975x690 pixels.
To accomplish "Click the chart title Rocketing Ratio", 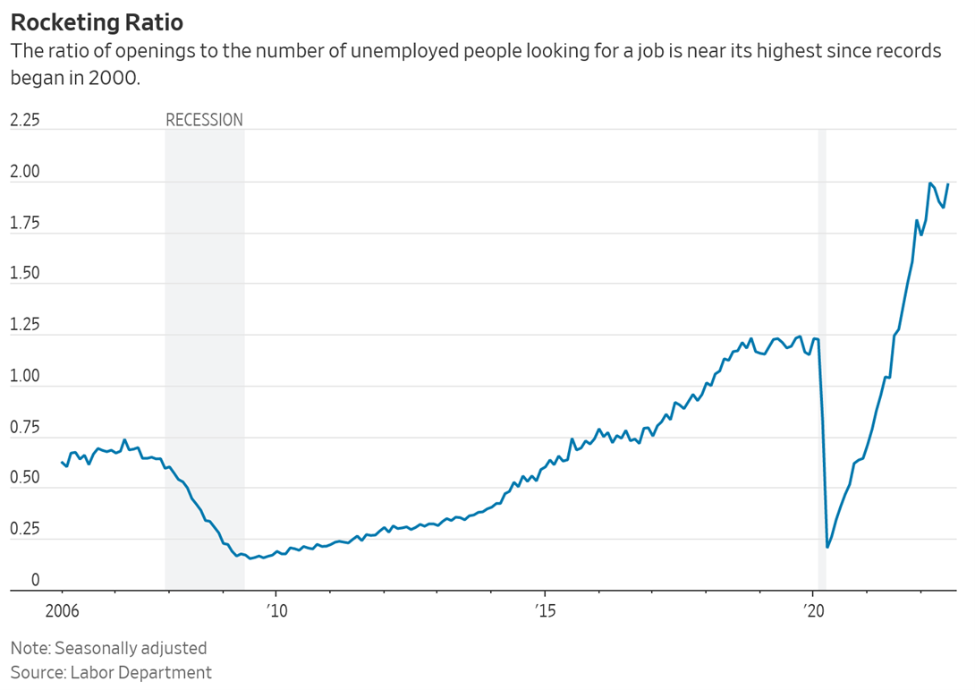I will point(90,20).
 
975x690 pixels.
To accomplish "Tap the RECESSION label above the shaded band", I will point(204,120).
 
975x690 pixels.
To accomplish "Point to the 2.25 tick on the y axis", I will point(25,120).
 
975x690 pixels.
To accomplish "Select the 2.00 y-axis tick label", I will point(25,172).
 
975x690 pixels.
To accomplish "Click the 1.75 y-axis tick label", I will point(25,223).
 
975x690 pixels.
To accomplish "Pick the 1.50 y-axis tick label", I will point(25,274).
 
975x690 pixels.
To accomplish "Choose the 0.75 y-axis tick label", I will point(25,428).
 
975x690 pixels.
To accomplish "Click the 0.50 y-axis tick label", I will point(25,479).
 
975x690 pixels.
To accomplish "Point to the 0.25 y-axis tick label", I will point(25,530).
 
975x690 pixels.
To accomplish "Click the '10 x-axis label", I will point(276,612).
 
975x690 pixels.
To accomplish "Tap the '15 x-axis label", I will point(545,612).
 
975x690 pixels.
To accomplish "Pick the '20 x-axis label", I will point(813,612).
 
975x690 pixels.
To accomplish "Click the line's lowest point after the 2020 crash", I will point(827,547).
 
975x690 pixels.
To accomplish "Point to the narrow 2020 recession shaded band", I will point(822,358).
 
